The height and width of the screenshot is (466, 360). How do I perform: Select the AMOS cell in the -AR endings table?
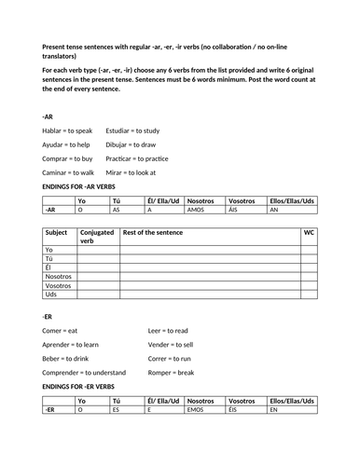204,211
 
